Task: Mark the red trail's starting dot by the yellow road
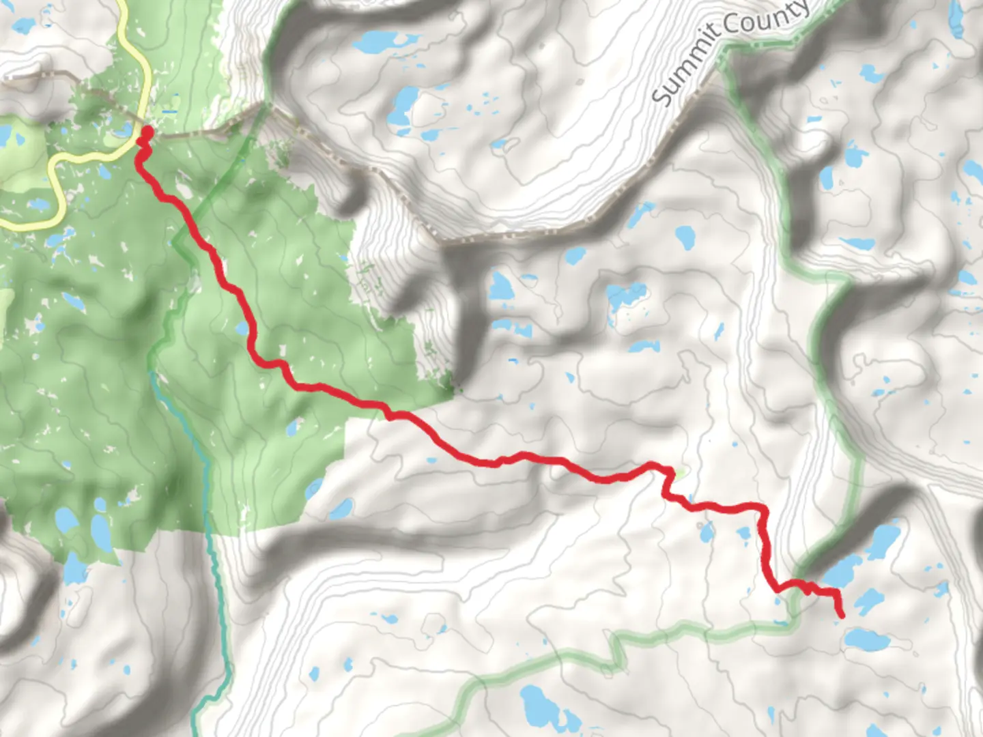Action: click(x=146, y=130)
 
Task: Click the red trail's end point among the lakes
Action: click(x=840, y=615)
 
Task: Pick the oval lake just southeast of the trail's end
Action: click(x=866, y=640)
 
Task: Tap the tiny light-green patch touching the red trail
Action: click(x=678, y=472)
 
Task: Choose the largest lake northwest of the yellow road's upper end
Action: click(x=24, y=26)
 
